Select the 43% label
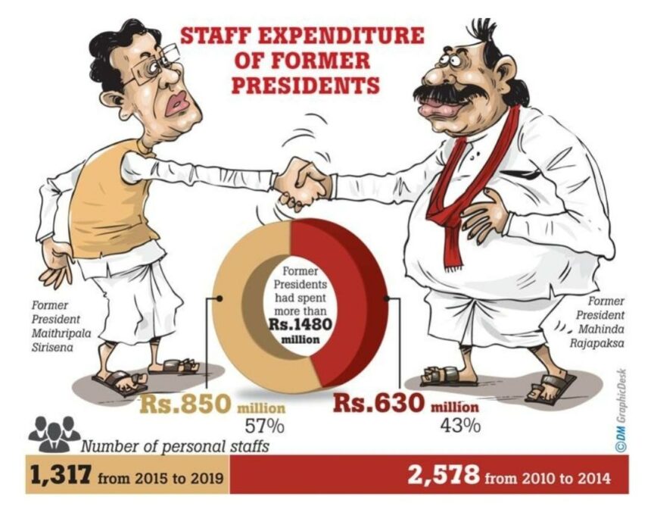point(459,424)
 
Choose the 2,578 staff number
point(443,476)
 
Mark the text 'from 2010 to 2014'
point(548,478)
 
